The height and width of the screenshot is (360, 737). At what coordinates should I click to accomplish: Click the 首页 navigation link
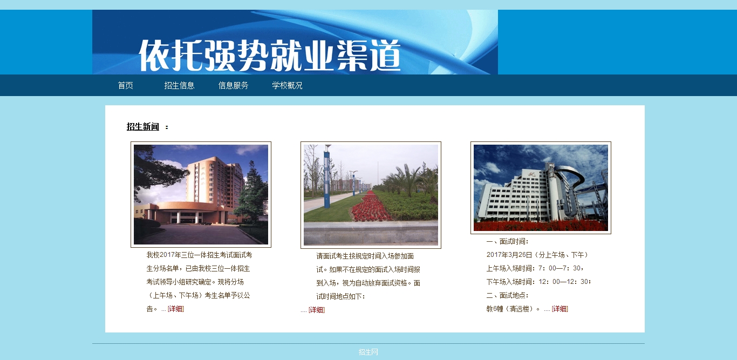pos(125,86)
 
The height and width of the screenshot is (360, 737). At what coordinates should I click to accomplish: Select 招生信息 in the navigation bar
pos(179,86)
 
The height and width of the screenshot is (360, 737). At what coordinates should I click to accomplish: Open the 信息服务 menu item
pos(233,86)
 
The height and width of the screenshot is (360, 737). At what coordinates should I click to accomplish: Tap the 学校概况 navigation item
pos(287,86)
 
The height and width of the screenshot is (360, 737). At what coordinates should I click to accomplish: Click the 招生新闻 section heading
pos(143,127)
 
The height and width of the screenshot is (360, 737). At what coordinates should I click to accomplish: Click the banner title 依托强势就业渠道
pos(269,55)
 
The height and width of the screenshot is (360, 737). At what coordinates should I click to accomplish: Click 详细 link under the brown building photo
pos(176,309)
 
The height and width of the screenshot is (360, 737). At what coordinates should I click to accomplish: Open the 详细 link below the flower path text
pos(317,310)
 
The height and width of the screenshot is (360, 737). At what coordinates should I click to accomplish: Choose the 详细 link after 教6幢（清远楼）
pos(560,309)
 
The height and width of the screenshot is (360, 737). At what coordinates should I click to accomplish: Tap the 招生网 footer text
pos(368,352)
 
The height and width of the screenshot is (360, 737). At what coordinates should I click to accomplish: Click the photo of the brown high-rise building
pos(201,194)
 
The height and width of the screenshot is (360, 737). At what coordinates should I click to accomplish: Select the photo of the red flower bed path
pos(371,195)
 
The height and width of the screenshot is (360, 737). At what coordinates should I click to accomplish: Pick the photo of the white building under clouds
pos(541,188)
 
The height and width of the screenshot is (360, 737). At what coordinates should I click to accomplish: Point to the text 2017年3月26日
pos(509,255)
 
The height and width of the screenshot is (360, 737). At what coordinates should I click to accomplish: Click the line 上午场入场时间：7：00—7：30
pos(535,268)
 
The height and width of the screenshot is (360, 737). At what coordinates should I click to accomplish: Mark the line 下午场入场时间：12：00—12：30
pos(538,282)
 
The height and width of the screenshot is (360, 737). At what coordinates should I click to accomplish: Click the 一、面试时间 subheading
pos(507,242)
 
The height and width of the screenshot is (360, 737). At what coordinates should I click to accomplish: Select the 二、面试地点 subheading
pos(507,296)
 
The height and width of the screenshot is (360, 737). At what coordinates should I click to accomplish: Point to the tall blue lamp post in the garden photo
pos(327,178)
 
